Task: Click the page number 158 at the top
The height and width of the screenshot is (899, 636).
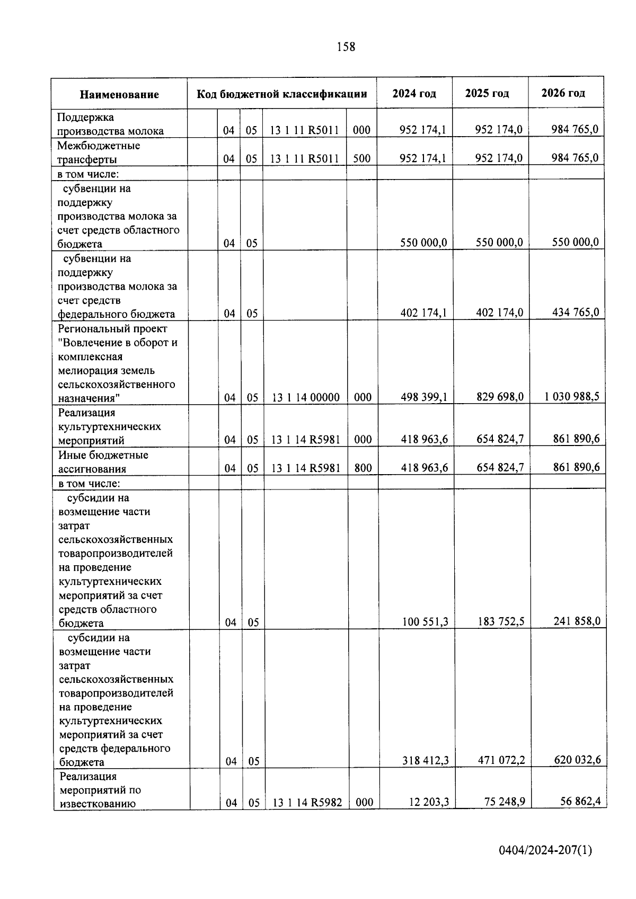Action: (346, 47)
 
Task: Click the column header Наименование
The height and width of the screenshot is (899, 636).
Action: (119, 95)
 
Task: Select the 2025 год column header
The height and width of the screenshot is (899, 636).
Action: (487, 93)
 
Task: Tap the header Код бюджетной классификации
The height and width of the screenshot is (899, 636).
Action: (282, 94)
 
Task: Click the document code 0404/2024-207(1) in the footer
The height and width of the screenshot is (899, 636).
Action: (545, 851)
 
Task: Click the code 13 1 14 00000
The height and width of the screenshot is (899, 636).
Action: (306, 397)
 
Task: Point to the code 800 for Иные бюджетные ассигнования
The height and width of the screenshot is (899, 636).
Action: (363, 468)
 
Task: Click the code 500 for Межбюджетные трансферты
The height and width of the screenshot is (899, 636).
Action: (362, 158)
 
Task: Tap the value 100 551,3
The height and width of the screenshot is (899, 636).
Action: (425, 621)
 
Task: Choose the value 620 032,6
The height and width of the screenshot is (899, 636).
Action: (577, 760)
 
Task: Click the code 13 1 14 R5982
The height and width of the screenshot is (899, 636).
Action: (307, 803)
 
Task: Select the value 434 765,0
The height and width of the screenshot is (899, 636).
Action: (576, 312)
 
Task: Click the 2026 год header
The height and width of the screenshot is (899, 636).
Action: (563, 93)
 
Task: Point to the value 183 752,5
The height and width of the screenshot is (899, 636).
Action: (501, 621)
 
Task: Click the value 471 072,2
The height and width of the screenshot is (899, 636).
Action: (501, 760)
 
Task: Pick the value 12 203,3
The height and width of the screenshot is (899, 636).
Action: (429, 802)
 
